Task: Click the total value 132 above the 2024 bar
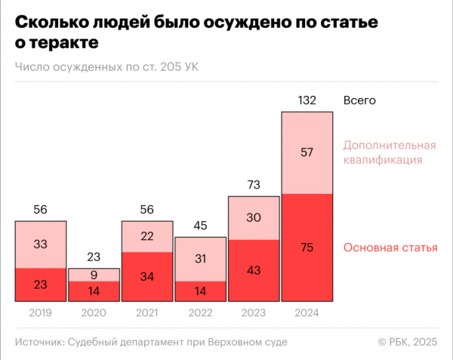[x=307, y=100]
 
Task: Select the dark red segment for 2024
[x=307, y=248]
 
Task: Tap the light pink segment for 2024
[x=307, y=152]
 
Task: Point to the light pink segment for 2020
[x=94, y=275]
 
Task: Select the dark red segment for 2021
[x=147, y=276]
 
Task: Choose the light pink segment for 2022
[x=201, y=259]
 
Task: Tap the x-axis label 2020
[x=94, y=312]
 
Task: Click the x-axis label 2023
[x=254, y=312]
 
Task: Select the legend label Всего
[x=359, y=100]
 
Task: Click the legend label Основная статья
[x=390, y=248]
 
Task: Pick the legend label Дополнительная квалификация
[x=390, y=152]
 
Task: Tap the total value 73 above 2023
[x=254, y=185]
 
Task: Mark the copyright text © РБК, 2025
[x=408, y=343]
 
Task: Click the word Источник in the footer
[x=39, y=343]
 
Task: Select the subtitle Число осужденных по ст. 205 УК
[x=106, y=66]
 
